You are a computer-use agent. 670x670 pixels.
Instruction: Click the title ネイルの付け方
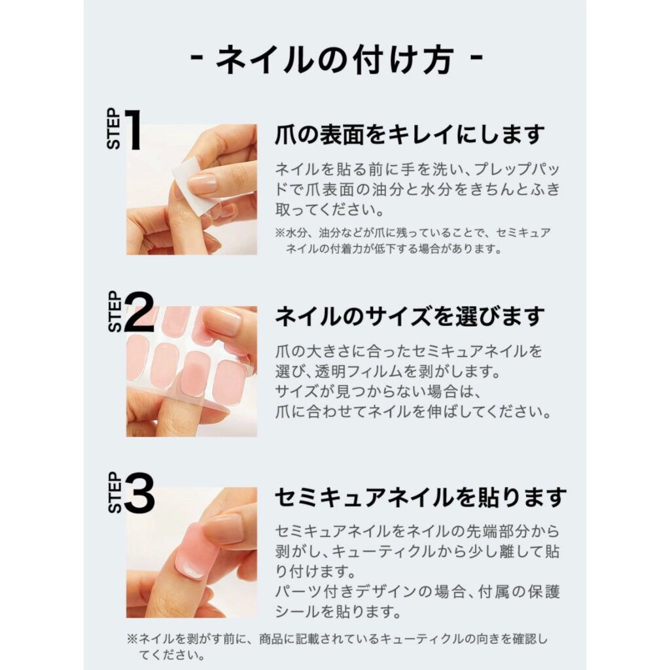[335, 60]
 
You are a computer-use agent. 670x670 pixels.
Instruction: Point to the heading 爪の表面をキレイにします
[410, 135]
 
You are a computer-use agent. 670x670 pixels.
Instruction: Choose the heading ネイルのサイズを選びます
[410, 317]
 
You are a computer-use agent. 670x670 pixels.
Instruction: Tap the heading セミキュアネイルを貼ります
[421, 498]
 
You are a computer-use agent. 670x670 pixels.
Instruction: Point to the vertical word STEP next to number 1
[114, 129]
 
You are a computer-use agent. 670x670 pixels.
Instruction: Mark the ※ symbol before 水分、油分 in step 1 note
[280, 234]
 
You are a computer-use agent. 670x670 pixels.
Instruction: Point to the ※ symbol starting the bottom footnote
[132, 639]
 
